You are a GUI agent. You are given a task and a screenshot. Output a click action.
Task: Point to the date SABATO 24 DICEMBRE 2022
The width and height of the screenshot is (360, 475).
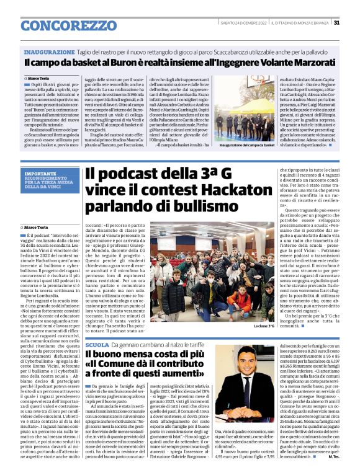tap(243, 23)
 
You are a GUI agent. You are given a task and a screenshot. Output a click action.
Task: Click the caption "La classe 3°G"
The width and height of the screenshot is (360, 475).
tap(263, 326)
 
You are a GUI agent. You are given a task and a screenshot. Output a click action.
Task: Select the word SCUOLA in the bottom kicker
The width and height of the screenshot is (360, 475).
tap(97, 344)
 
